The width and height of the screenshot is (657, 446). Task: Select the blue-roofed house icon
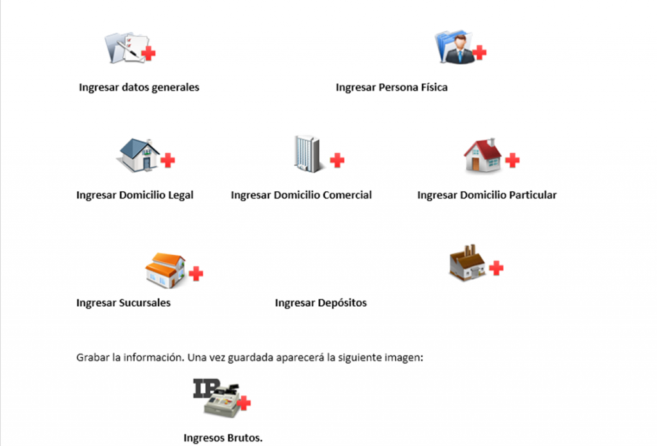click(x=139, y=155)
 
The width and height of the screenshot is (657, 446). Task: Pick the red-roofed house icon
click(x=483, y=155)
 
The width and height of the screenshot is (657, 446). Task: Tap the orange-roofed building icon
click(x=166, y=270)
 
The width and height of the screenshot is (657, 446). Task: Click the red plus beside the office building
click(x=337, y=160)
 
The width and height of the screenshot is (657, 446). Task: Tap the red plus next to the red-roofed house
click(x=512, y=160)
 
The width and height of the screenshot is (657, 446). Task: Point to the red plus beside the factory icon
click(x=496, y=268)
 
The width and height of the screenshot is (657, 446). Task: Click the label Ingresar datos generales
click(x=139, y=87)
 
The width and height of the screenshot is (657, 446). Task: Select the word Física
click(x=434, y=87)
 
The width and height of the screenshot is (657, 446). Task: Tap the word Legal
click(x=180, y=195)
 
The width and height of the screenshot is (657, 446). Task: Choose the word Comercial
click(x=347, y=195)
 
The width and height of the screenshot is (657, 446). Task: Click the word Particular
click(x=533, y=195)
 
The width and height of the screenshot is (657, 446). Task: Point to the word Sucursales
click(x=144, y=303)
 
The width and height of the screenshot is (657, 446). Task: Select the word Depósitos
click(x=342, y=303)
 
